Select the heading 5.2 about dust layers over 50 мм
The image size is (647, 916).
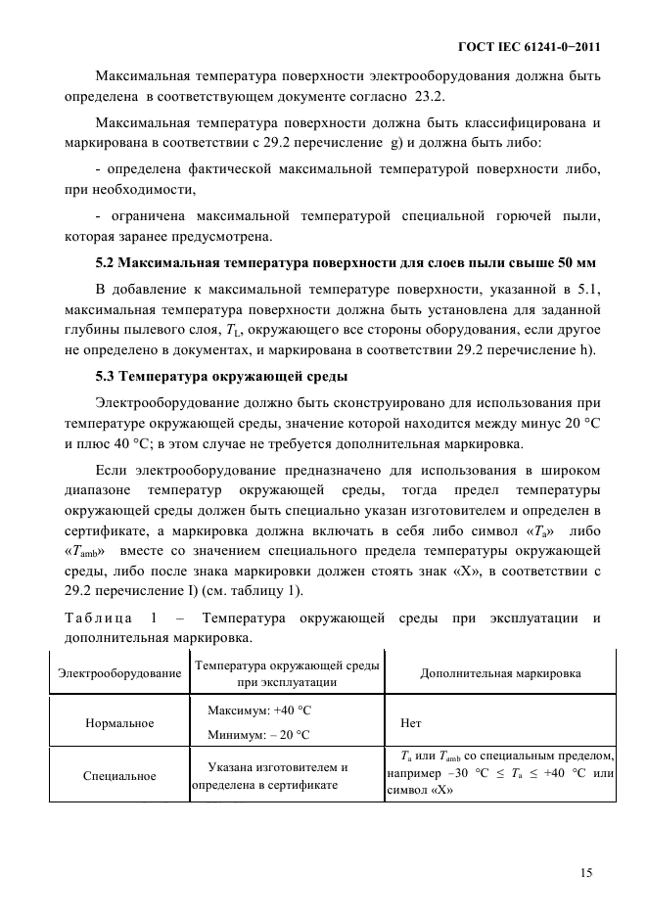pyautogui.click(x=347, y=263)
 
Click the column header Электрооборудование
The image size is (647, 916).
pyautogui.click(x=120, y=674)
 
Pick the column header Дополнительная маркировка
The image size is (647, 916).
pyautogui.click(x=500, y=674)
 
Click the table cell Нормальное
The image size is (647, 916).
pyautogui.click(x=120, y=723)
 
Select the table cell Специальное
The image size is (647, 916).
pyautogui.click(x=120, y=776)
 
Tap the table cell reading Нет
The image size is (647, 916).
pyautogui.click(x=412, y=724)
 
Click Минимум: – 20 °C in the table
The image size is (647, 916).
pyautogui.click(x=261, y=735)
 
